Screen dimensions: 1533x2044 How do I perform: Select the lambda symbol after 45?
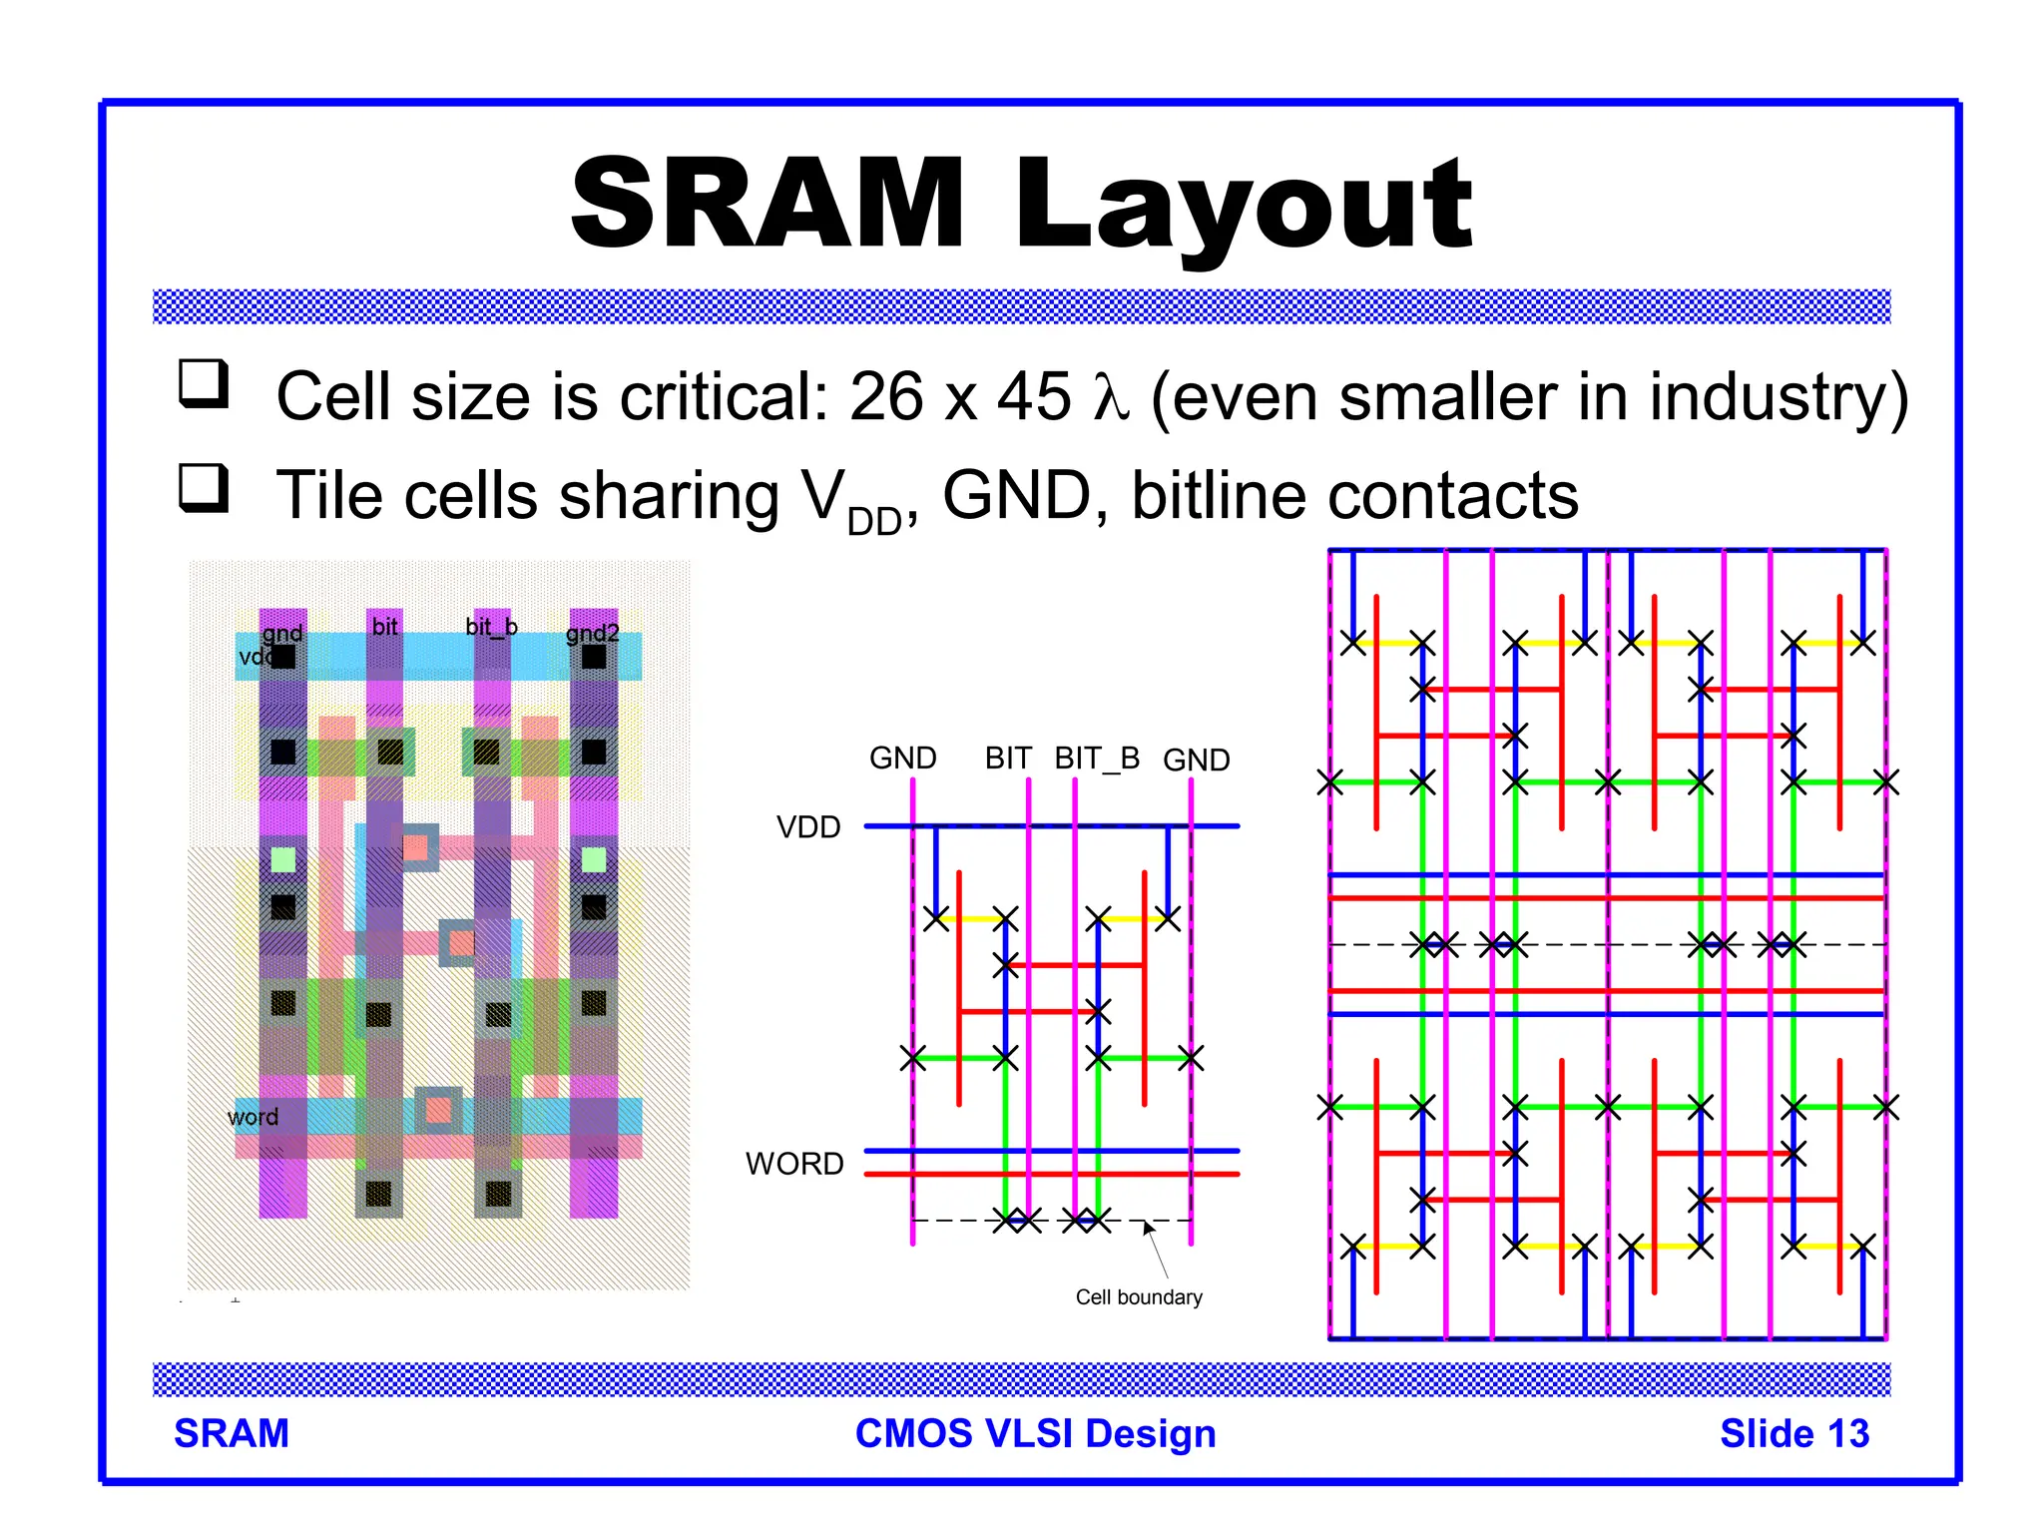[1110, 397]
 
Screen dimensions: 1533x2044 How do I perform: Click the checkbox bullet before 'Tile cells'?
[204, 488]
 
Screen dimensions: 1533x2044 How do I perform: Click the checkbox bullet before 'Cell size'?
[204, 384]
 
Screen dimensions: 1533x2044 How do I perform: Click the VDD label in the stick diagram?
[808, 827]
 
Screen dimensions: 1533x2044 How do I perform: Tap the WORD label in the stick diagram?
[794, 1164]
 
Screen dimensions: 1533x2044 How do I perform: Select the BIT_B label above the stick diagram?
[1097, 759]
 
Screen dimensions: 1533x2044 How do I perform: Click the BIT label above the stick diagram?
[1008, 759]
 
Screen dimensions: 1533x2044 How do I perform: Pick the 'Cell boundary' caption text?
[1139, 1297]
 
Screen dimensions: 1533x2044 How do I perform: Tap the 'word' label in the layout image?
[253, 1117]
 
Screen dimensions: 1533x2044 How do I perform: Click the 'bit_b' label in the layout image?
[491, 627]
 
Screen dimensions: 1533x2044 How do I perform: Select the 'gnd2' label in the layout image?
[593, 633]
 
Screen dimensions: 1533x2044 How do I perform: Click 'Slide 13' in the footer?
[1793, 1433]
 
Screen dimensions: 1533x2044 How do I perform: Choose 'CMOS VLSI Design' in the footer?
[1035, 1433]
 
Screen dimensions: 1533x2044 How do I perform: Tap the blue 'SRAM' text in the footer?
[232, 1433]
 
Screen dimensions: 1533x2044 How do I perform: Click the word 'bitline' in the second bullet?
[1214, 496]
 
